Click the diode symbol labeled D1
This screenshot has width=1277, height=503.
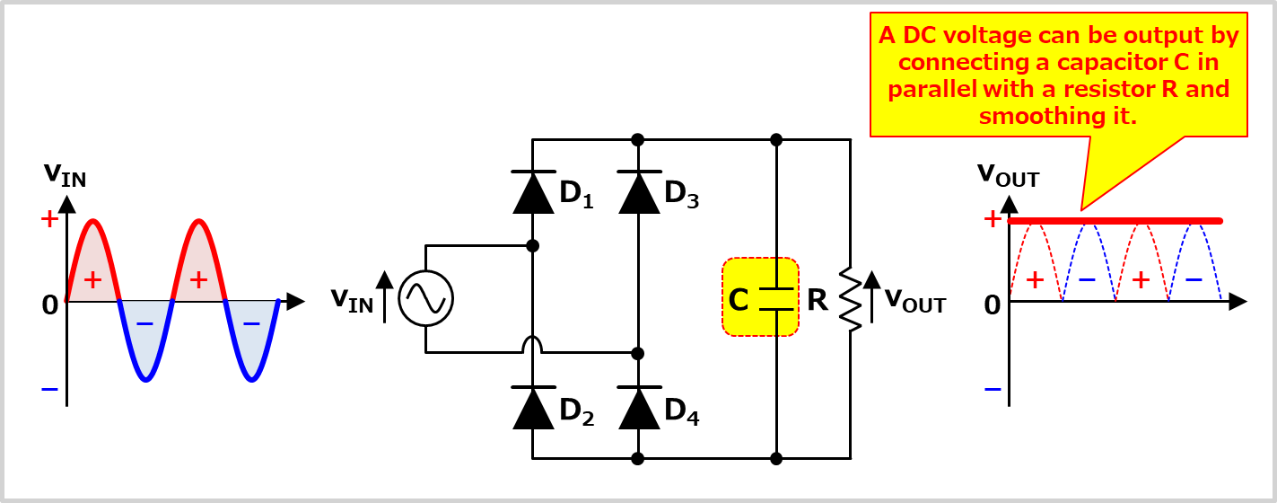(x=532, y=192)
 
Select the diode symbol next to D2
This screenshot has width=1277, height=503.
(x=532, y=409)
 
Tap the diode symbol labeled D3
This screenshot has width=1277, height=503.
(x=638, y=192)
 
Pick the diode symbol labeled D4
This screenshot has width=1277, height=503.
(x=638, y=409)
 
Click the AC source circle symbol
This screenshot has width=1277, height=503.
(x=425, y=298)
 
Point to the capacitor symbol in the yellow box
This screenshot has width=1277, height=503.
(x=776, y=298)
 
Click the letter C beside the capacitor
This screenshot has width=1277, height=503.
(x=739, y=300)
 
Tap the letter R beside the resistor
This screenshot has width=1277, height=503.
(x=817, y=300)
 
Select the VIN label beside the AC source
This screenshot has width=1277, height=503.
(x=352, y=300)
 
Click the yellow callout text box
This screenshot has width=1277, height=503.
(x=1059, y=76)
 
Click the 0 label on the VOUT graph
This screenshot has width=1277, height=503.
(x=992, y=306)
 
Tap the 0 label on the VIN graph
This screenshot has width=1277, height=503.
(x=49, y=305)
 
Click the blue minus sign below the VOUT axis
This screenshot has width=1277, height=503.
(x=992, y=389)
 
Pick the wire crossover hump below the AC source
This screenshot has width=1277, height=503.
(x=532, y=345)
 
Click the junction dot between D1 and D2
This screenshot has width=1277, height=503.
(x=532, y=245)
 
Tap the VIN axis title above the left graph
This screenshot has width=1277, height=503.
(x=65, y=175)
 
